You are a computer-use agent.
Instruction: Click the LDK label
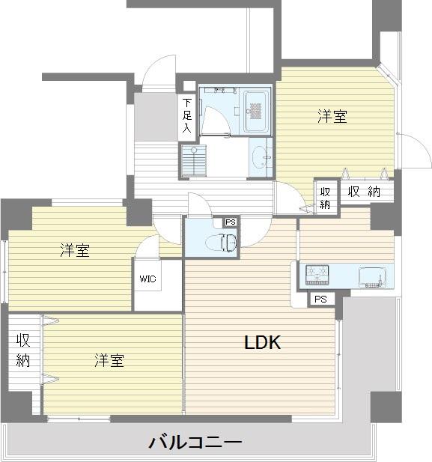tap(262, 343)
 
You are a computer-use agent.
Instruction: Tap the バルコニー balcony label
tap(195, 443)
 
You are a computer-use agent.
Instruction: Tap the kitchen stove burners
tap(317, 276)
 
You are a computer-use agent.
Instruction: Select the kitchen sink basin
tap(372, 276)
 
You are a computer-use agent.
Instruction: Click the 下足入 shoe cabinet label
tap(186, 115)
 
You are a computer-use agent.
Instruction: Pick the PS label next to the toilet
tap(230, 222)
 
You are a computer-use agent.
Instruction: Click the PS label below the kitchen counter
tap(320, 299)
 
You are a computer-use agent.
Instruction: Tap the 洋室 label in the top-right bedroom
tap(332, 116)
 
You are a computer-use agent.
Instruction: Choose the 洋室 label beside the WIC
tap(75, 251)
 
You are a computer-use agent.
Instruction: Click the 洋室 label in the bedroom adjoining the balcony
tap(109, 361)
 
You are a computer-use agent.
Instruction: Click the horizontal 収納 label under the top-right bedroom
tap(364, 192)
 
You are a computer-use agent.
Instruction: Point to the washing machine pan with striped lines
tap(193, 159)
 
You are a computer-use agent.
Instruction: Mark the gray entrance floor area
tap(154, 117)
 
